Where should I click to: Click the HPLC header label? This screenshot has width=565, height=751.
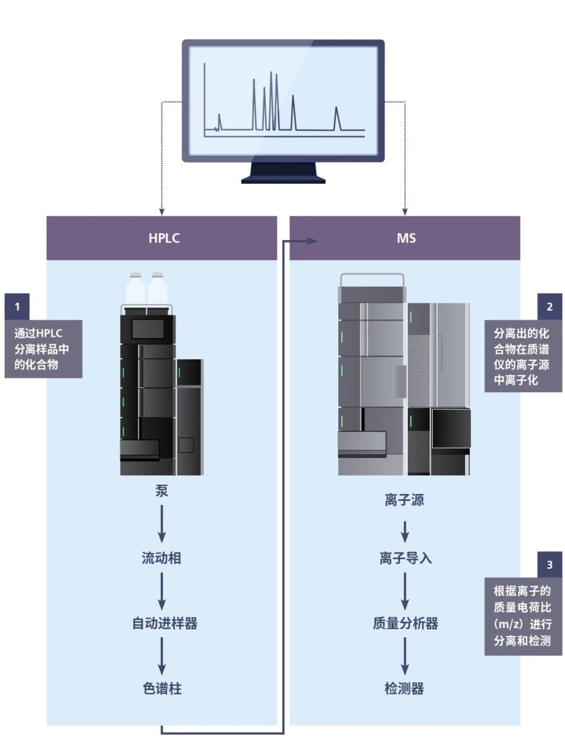[x=164, y=238]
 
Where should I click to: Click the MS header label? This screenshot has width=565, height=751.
[x=406, y=238]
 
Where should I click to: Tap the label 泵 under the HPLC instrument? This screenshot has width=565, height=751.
[x=162, y=492]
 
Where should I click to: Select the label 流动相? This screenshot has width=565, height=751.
[x=162, y=558]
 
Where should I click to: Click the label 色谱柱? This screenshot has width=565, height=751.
[x=162, y=689]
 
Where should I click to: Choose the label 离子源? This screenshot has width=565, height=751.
[x=404, y=501]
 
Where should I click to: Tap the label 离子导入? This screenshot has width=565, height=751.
[x=405, y=558]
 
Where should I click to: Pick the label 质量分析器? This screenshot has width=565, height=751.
[x=405, y=624]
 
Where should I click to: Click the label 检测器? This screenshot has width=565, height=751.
[x=404, y=689]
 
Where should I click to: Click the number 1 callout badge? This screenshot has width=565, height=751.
[x=17, y=307]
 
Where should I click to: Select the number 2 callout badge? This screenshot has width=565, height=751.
[x=550, y=307]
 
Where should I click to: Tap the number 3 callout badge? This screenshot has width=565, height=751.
[x=550, y=565]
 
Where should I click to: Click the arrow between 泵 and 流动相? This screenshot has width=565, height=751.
[x=162, y=525]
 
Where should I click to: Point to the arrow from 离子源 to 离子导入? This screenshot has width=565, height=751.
[x=405, y=531]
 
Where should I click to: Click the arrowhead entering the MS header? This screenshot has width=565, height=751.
[x=312, y=241]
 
